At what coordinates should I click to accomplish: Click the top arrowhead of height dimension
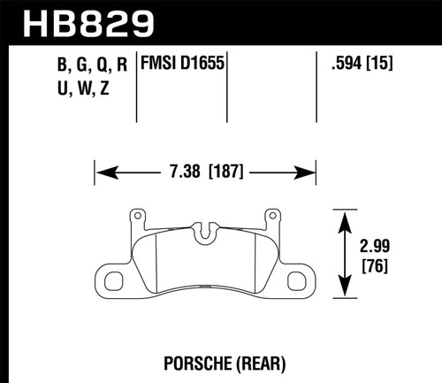click(341, 213)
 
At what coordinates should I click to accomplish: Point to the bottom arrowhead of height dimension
click(341, 291)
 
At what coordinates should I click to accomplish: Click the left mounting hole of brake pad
click(115, 282)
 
